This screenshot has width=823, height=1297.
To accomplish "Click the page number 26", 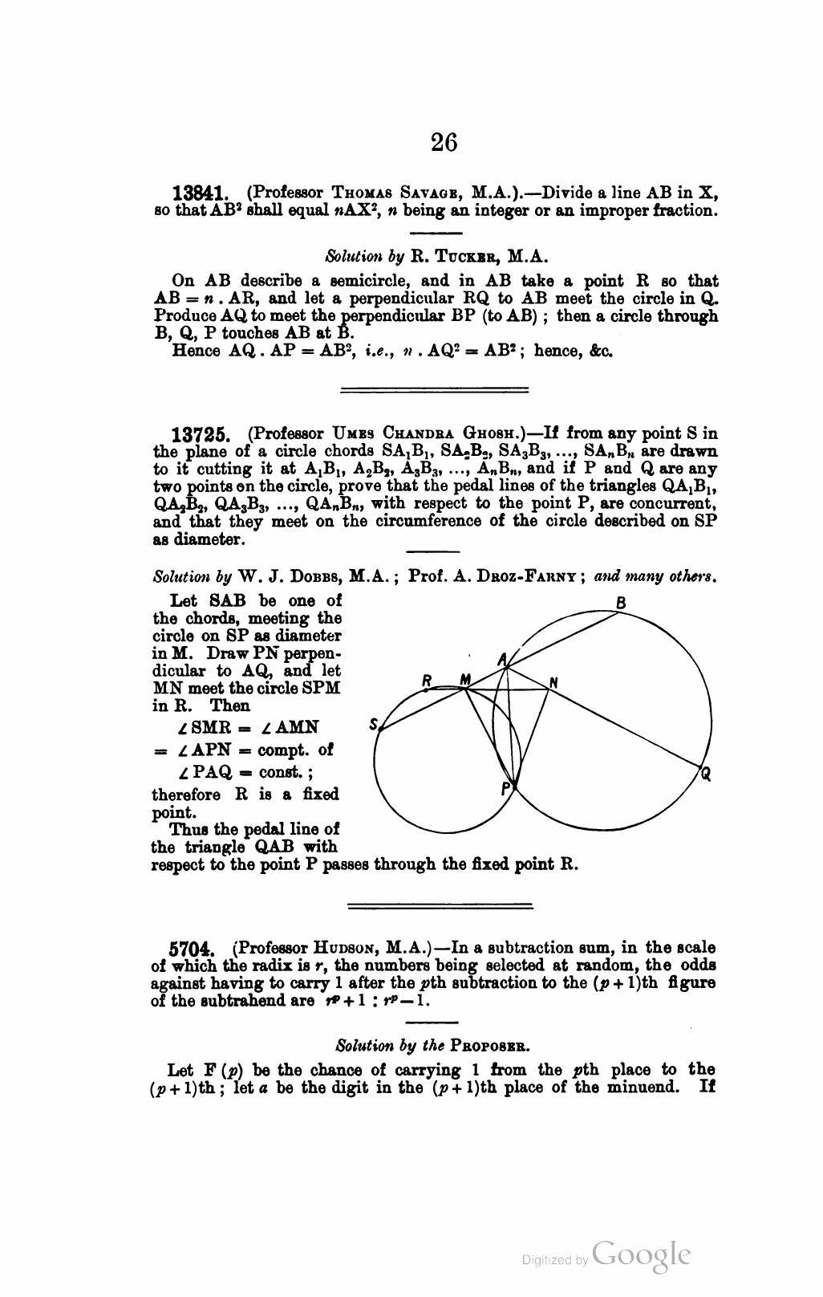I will click(x=444, y=142).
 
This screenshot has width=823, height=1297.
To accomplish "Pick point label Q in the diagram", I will click(x=705, y=775).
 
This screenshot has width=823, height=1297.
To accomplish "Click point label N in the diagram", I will click(x=553, y=683).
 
